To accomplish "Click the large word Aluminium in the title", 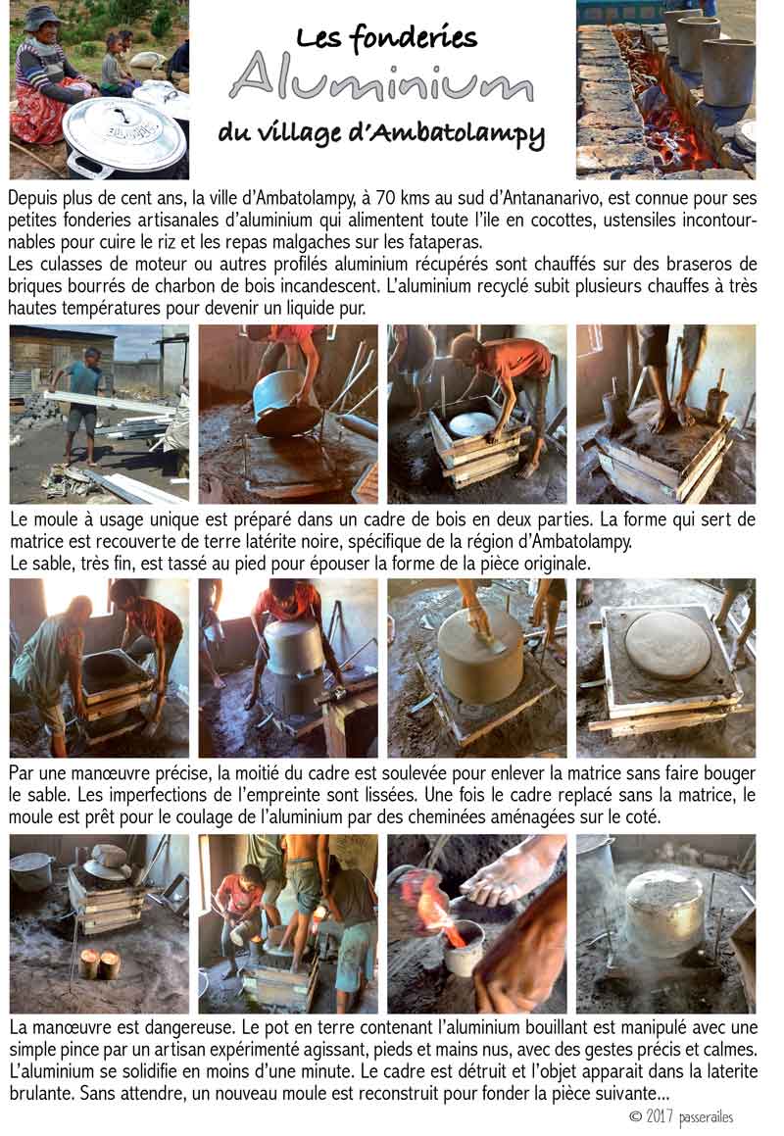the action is [382, 77].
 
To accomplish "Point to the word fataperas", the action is [445, 242].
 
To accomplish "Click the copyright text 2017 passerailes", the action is [682, 1117].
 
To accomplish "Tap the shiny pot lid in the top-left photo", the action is [123, 135].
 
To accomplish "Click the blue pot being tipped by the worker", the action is [285, 403].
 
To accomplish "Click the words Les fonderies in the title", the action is [387, 36].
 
